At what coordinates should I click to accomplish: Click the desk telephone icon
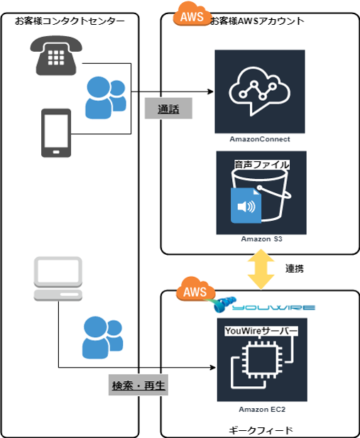pyautogui.click(x=56, y=55)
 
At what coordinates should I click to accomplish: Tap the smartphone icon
pyautogui.click(x=56, y=133)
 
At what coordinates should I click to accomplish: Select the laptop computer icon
pyautogui.click(x=58, y=279)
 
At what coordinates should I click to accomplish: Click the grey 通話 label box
pyautogui.click(x=168, y=109)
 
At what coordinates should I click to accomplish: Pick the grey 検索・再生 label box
pyautogui.click(x=138, y=385)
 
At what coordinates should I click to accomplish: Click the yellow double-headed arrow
pyautogui.click(x=261, y=269)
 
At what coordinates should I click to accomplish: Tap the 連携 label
pyautogui.click(x=295, y=269)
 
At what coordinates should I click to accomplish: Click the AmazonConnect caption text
pyautogui.click(x=260, y=139)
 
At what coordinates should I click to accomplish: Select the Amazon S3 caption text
pyautogui.click(x=261, y=239)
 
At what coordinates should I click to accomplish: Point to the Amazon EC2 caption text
pyautogui.click(x=262, y=410)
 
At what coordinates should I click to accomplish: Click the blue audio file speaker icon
pyautogui.click(x=246, y=206)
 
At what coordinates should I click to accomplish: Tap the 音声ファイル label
pyautogui.click(x=261, y=165)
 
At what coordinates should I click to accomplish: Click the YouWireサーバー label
pyautogui.click(x=261, y=331)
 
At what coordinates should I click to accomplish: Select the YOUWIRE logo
pyautogui.click(x=265, y=305)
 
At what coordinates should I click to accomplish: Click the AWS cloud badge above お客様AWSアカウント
pyautogui.click(x=192, y=14)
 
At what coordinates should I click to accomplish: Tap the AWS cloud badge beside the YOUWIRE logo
pyautogui.click(x=196, y=290)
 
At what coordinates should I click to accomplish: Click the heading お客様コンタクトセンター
pyautogui.click(x=70, y=21)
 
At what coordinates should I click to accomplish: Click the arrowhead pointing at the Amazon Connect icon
pyautogui.click(x=210, y=92)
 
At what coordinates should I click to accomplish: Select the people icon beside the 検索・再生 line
pyautogui.click(x=102, y=337)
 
